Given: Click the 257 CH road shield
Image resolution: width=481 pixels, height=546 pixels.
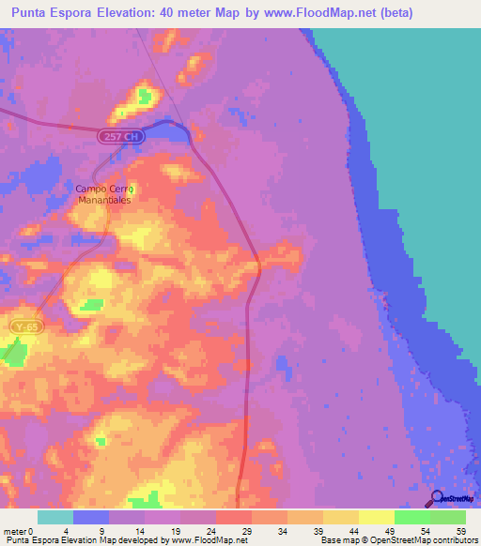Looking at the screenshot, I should click(x=121, y=137).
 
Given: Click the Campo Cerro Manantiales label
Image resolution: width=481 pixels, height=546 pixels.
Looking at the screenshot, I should click(x=105, y=194).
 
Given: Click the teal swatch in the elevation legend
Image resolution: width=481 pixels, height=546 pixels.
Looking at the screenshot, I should click(x=55, y=517).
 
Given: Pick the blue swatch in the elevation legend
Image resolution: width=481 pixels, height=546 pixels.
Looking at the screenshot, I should click(x=91, y=517).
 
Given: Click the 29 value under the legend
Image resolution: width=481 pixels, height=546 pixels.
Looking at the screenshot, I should click(x=245, y=531).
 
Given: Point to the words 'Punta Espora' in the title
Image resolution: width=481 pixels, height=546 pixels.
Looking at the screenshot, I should click(x=52, y=12).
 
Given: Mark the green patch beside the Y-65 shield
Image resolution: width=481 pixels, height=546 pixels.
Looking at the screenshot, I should click(x=12, y=353).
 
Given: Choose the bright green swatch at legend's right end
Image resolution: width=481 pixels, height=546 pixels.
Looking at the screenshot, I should click(x=448, y=517).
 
